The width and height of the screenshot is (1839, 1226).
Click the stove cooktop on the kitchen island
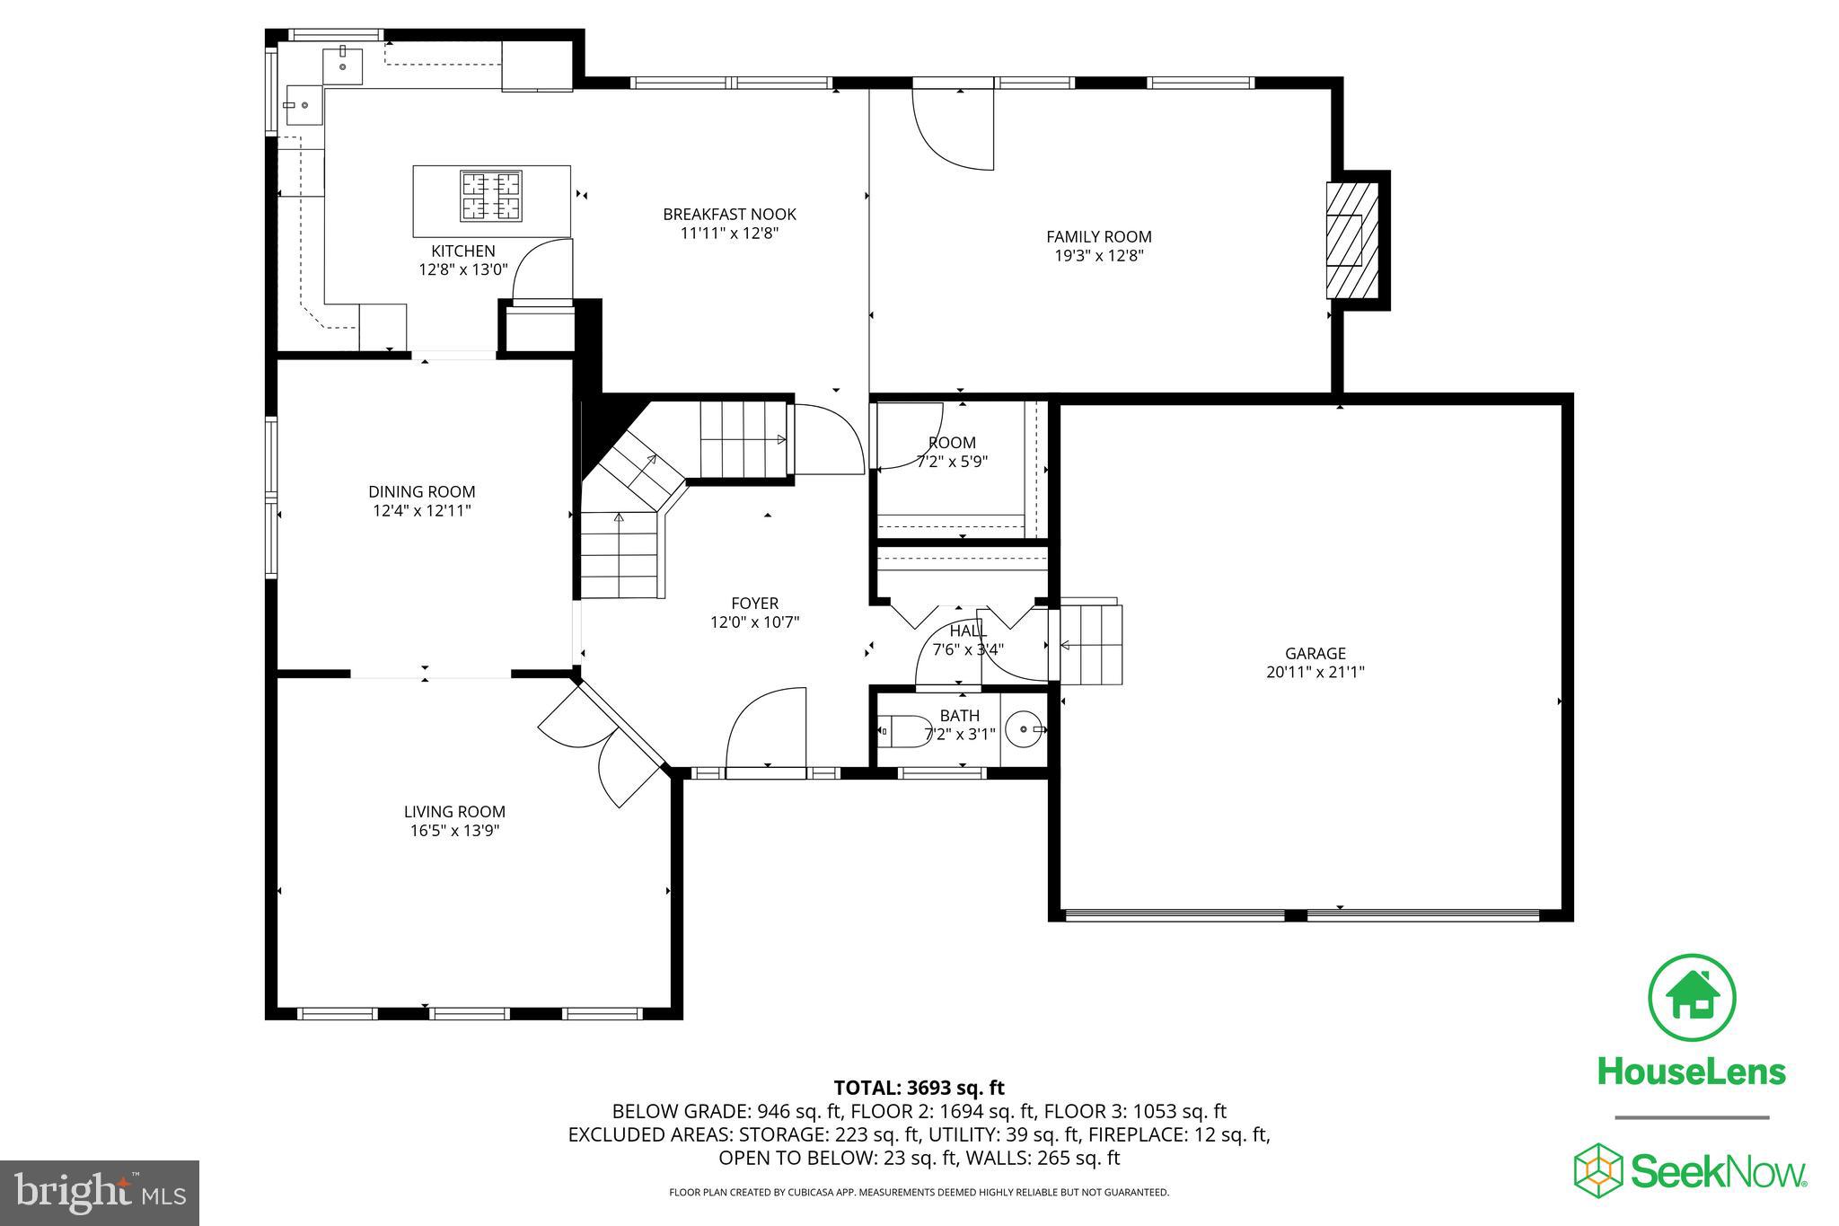pyautogui.click(x=491, y=196)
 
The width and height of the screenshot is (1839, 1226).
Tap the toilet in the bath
pyautogui.click(x=905, y=731)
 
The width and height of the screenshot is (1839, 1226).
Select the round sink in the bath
pyautogui.click(x=1025, y=730)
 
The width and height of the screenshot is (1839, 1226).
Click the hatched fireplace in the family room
pyautogui.click(x=1352, y=241)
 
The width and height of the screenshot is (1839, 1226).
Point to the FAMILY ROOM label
pyautogui.click(x=1098, y=236)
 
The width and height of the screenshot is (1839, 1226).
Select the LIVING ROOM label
pyautogui.click(x=454, y=811)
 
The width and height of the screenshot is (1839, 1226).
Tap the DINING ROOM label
pyautogui.click(x=422, y=491)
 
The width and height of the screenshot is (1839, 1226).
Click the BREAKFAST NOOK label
pyautogui.click(x=729, y=214)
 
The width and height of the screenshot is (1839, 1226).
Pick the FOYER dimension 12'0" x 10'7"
pyautogui.click(x=754, y=622)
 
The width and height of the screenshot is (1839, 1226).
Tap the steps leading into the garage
pyautogui.click(x=1091, y=645)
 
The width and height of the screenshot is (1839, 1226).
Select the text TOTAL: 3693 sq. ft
pyautogui.click(x=919, y=1088)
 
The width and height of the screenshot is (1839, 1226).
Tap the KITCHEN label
pyautogui.click(x=462, y=251)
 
